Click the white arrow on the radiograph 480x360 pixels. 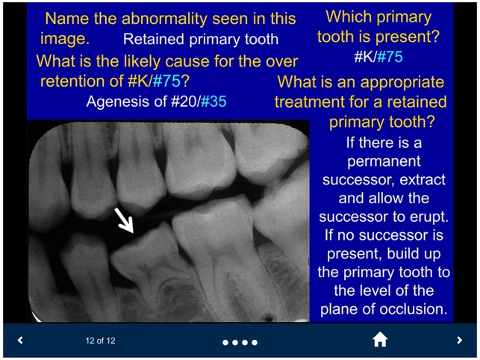[123, 221]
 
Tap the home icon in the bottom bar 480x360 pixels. [380, 340]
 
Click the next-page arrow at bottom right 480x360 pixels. [459, 341]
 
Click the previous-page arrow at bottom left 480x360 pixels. [20, 341]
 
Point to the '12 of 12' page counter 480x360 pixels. [100, 341]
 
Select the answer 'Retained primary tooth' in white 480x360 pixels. [200, 40]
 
